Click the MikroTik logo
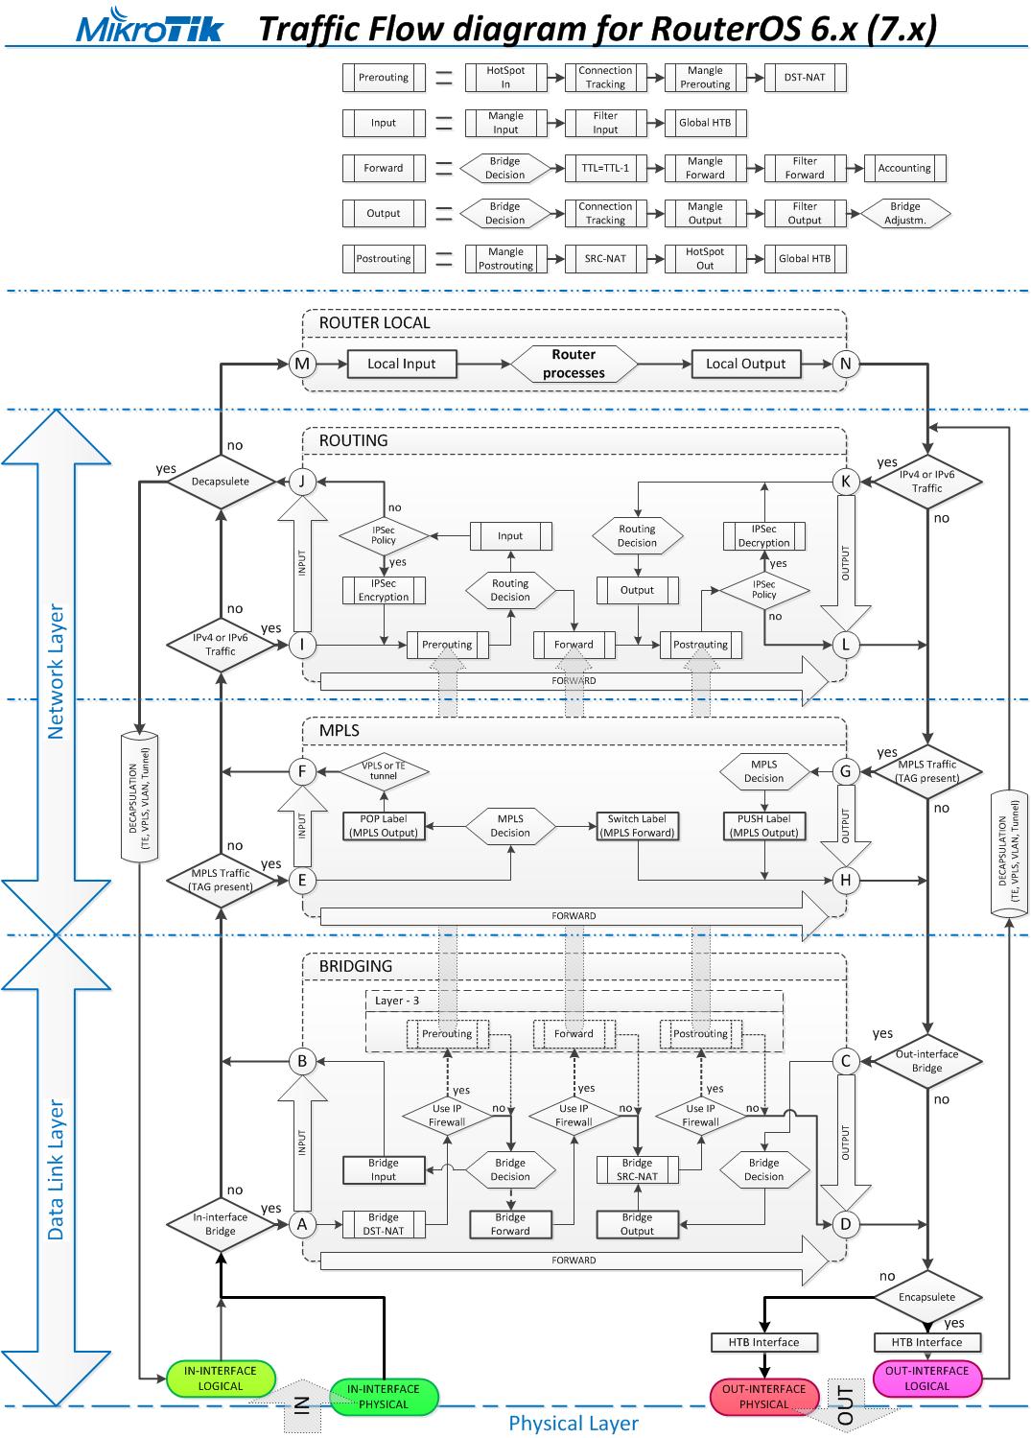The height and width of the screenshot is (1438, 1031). click(x=150, y=29)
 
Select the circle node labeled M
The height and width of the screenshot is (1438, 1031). click(x=302, y=364)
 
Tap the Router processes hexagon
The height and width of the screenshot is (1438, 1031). click(x=574, y=364)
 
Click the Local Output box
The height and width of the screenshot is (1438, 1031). click(x=745, y=364)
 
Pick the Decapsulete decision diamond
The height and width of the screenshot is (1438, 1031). click(x=220, y=482)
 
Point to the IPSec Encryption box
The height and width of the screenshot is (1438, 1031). click(x=384, y=590)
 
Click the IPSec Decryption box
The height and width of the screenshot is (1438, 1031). click(x=763, y=536)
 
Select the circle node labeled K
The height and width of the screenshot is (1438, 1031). click(x=845, y=482)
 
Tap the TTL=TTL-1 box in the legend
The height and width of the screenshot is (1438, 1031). click(x=605, y=168)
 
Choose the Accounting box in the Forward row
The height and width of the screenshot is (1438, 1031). click(x=904, y=168)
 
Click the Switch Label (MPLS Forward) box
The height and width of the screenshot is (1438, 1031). click(x=637, y=826)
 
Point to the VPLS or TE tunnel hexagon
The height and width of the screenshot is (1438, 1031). click(x=384, y=770)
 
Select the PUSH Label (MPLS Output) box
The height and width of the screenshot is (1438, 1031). click(x=763, y=826)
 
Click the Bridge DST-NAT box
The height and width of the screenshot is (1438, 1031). click(x=384, y=1224)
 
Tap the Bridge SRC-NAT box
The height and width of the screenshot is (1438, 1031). click(x=637, y=1169)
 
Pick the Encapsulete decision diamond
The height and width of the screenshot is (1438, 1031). click(x=926, y=1297)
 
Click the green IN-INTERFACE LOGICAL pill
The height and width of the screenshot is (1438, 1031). click(x=220, y=1379)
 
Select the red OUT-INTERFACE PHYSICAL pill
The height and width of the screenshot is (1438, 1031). click(x=763, y=1397)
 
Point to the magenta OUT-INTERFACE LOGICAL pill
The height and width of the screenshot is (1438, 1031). click(x=926, y=1379)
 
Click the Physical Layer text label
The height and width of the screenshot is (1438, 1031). click(x=574, y=1423)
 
